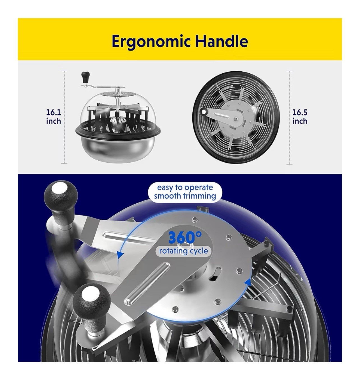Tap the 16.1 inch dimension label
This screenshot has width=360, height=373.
[54, 117]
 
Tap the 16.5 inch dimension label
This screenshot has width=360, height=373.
[300, 117]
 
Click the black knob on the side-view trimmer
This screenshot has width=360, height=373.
[86, 76]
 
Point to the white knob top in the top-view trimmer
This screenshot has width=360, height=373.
[203, 112]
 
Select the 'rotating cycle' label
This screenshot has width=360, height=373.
[184, 251]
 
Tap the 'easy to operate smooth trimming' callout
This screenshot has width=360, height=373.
[185, 192]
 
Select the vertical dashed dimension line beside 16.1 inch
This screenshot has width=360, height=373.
[64, 117]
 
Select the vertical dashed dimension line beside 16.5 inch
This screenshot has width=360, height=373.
[290, 117]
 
